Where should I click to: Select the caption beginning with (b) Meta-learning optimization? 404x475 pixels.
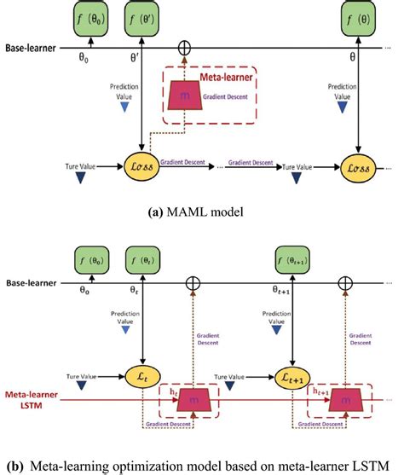[202, 465]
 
